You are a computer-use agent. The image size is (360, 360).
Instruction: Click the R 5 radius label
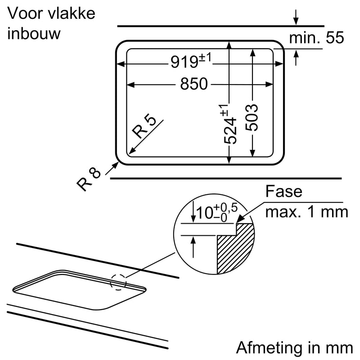click(x=145, y=127)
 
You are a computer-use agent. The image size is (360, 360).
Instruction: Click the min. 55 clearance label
click(x=316, y=38)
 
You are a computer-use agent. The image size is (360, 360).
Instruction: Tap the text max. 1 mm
click(x=306, y=211)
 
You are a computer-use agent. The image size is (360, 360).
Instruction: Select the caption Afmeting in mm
click(x=294, y=347)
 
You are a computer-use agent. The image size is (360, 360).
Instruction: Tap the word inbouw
click(x=34, y=34)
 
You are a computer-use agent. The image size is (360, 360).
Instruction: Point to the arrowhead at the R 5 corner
click(x=131, y=152)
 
